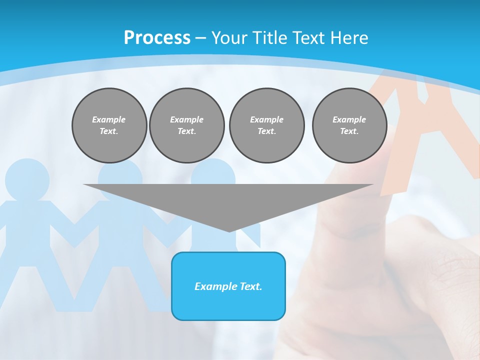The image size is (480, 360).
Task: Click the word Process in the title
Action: (157, 38)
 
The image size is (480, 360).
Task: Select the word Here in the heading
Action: (349, 38)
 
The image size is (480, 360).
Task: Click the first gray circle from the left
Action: (109, 125)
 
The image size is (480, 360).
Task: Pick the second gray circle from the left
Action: (187, 125)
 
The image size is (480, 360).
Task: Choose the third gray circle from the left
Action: (267, 125)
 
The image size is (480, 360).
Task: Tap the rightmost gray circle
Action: (349, 125)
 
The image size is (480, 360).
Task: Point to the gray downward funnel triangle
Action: (228, 200)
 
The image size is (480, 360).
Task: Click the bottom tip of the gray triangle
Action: (229, 230)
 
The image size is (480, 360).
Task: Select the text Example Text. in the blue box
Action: (228, 286)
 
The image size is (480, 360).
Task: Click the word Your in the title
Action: (229, 38)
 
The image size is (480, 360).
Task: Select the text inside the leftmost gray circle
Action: (109, 125)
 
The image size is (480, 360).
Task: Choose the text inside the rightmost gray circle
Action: (349, 125)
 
